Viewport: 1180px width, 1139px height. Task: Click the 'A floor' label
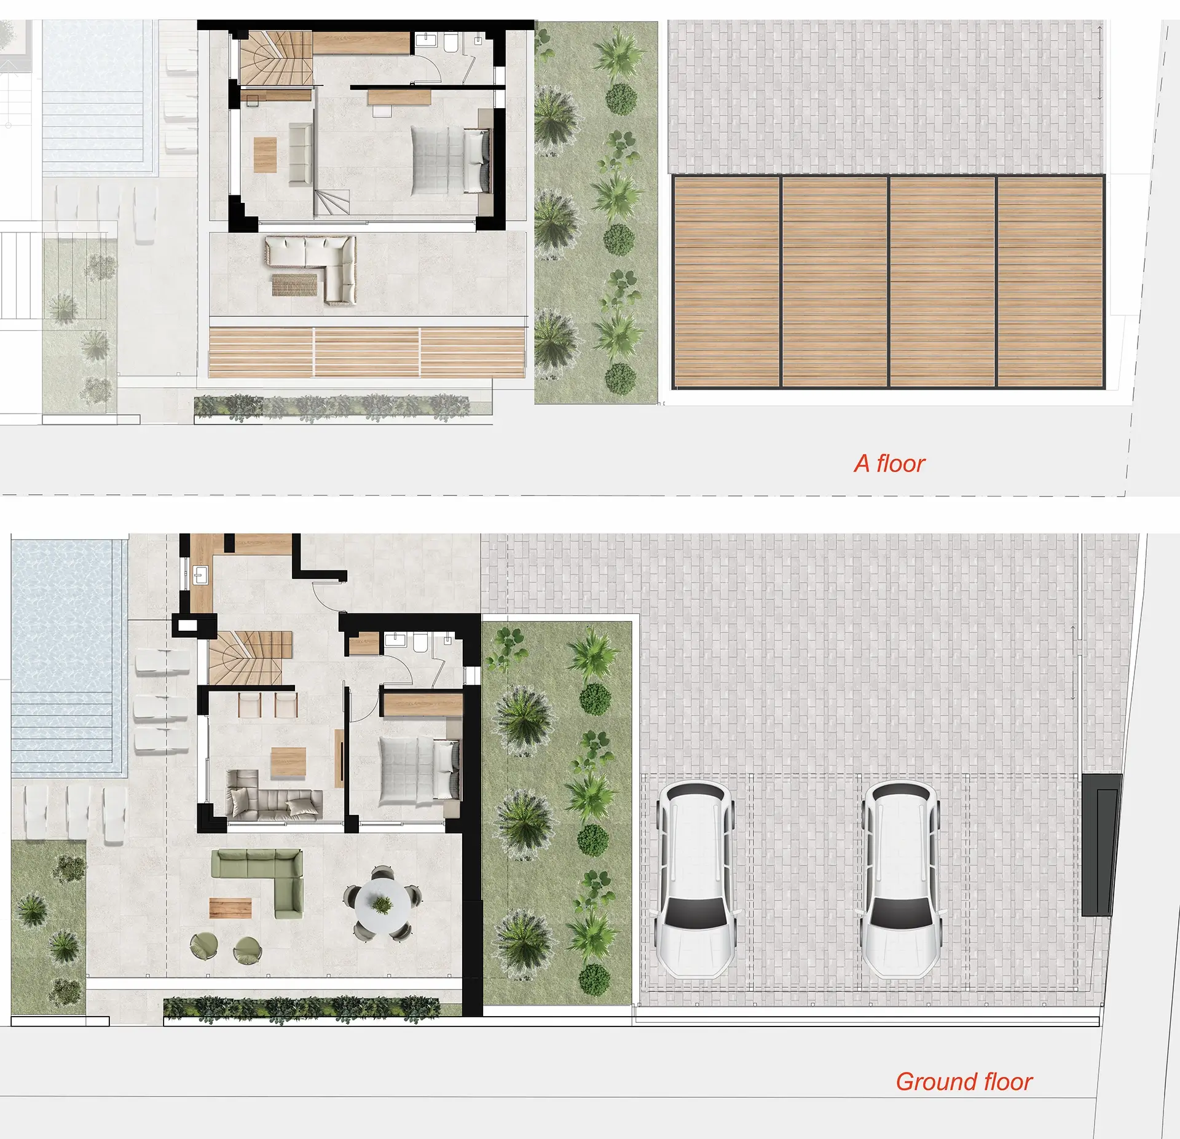pyautogui.click(x=889, y=463)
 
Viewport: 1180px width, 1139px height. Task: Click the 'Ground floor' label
pyautogui.click(x=964, y=1081)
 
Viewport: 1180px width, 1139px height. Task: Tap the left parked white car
pyautogui.click(x=696, y=878)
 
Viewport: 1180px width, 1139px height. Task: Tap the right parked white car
pyautogui.click(x=901, y=878)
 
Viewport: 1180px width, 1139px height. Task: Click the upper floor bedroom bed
pyautogui.click(x=450, y=160)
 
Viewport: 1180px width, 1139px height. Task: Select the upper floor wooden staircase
pyautogui.click(x=276, y=59)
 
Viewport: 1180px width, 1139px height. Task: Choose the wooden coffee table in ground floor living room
pyautogui.click(x=288, y=763)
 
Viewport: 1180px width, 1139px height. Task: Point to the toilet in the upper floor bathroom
pyautogui.click(x=450, y=43)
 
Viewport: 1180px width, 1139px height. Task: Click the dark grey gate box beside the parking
pyautogui.click(x=1101, y=845)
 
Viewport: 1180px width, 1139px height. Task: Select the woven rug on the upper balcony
pyautogui.click(x=294, y=285)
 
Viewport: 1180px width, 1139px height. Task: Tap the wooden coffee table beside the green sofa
pyautogui.click(x=230, y=908)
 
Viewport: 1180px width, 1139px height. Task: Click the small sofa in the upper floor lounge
pyautogui.click(x=301, y=154)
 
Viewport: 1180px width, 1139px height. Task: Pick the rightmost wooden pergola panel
pyautogui.click(x=1050, y=282)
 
